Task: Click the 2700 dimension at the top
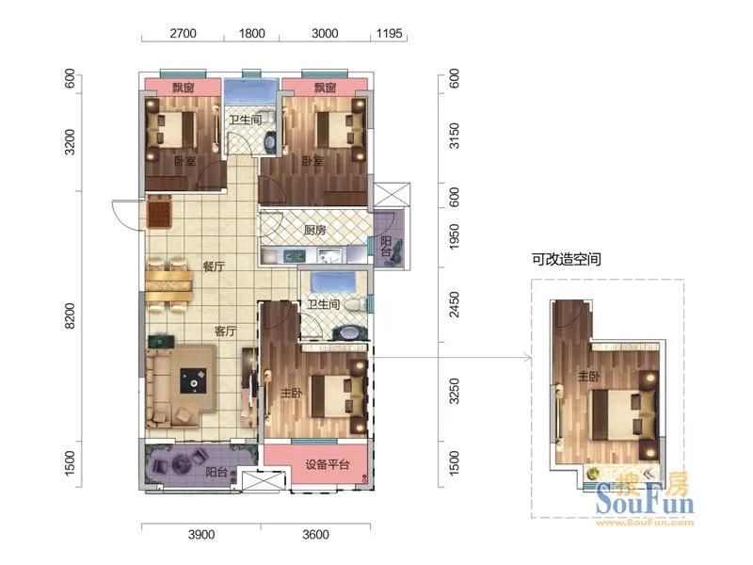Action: click(183, 34)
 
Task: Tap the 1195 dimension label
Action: click(389, 34)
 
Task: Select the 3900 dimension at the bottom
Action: click(201, 534)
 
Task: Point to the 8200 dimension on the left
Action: click(70, 315)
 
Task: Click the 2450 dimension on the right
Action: click(454, 304)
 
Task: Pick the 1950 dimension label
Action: click(454, 236)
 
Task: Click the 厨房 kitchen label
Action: click(315, 230)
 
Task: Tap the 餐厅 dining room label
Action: click(214, 266)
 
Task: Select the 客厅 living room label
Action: click(225, 331)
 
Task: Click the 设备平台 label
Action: click(328, 464)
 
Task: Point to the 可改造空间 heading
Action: click(567, 260)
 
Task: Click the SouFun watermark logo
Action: click(645, 499)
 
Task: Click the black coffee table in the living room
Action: click(194, 381)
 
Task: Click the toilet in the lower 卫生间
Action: click(356, 304)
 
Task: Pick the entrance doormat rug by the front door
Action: click(160, 211)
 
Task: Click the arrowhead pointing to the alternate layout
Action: click(528, 358)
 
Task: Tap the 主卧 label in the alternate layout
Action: click(589, 376)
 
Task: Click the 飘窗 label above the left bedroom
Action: click(183, 88)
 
